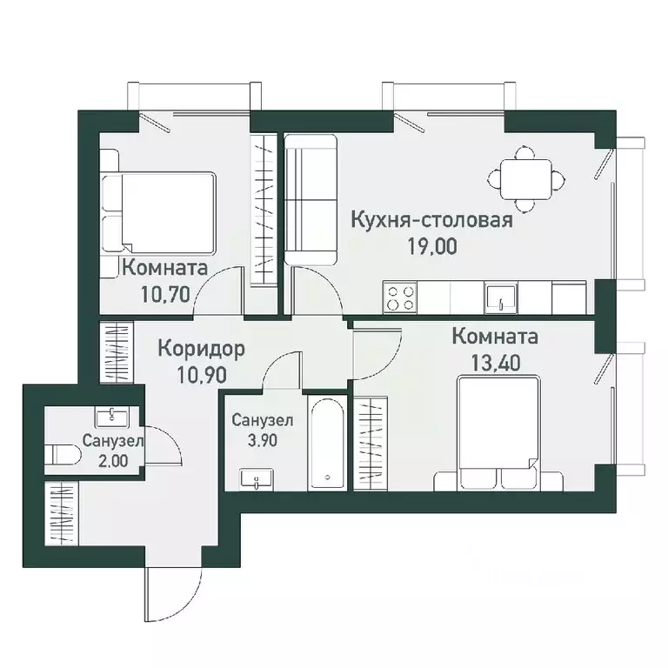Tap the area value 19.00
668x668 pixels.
click(x=431, y=244)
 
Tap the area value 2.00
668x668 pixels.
click(x=113, y=461)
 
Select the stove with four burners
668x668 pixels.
click(x=399, y=298)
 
